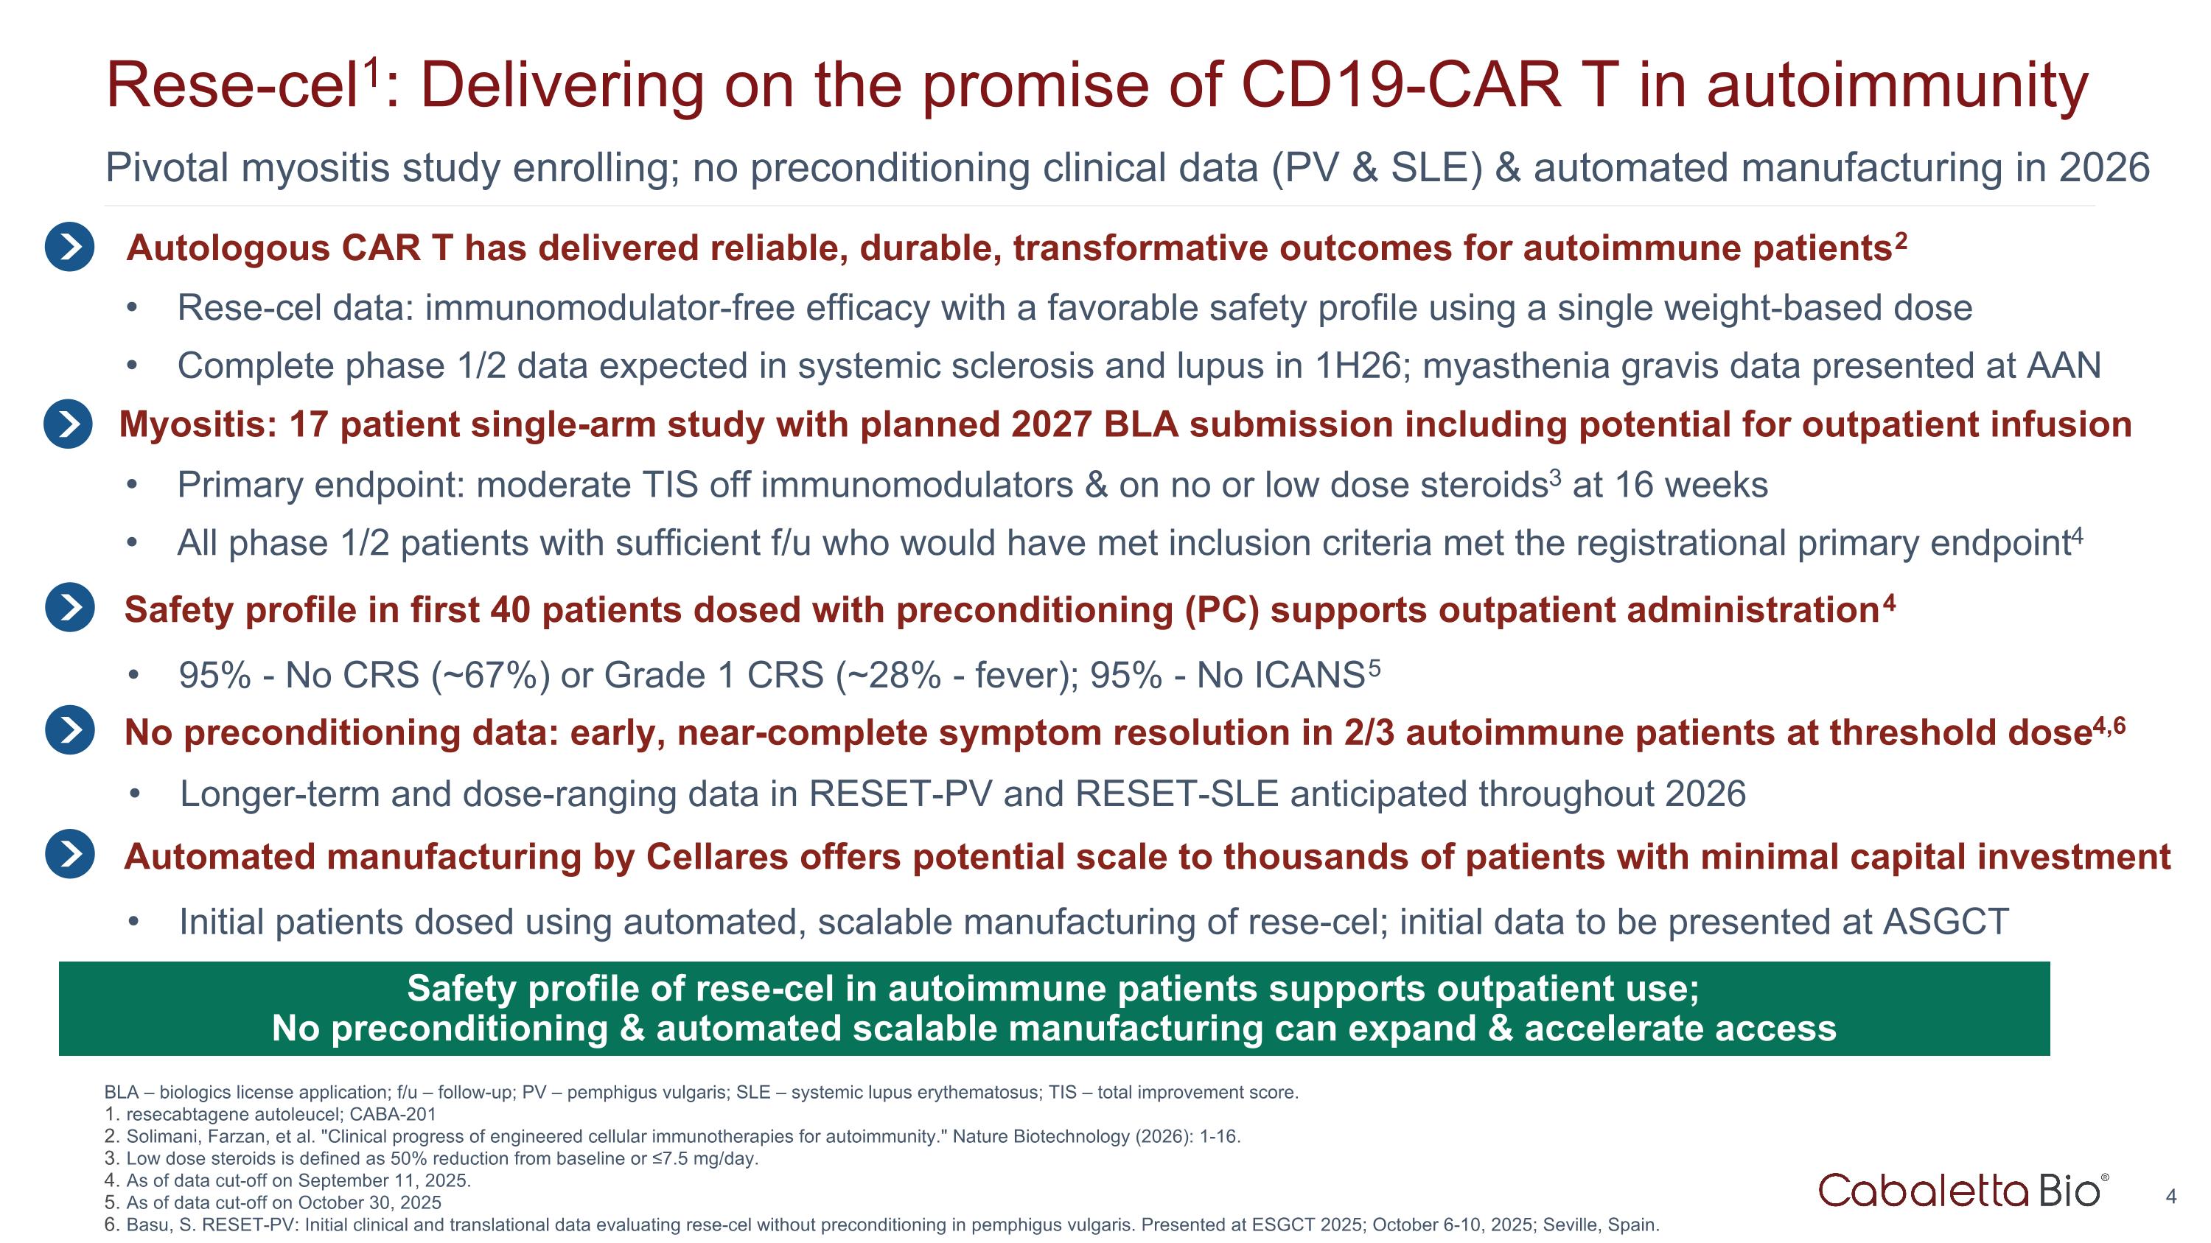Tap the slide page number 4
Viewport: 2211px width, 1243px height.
(x=2170, y=1197)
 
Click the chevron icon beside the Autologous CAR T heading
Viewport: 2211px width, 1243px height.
(x=69, y=247)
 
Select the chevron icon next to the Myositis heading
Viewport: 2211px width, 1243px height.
(x=68, y=424)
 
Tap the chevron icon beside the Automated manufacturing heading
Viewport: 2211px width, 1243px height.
(x=69, y=855)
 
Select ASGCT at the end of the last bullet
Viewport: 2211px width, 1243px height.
(x=1946, y=922)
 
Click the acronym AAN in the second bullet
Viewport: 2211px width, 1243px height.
(x=2064, y=366)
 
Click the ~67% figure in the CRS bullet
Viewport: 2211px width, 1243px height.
(x=491, y=676)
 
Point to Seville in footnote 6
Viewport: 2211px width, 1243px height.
(x=1568, y=1225)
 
